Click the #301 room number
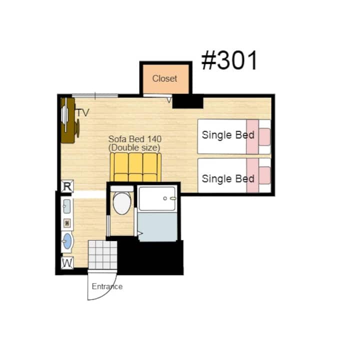(x=229, y=60)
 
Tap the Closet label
(x=164, y=78)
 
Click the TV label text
(x=82, y=112)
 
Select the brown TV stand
(x=68, y=120)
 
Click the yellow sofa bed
(x=135, y=167)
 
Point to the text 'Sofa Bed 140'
(x=135, y=139)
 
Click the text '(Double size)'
(x=134, y=147)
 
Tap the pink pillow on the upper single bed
(x=264, y=137)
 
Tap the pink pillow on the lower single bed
(x=264, y=175)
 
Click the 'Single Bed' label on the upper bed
(x=228, y=135)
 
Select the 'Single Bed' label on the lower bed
(x=228, y=178)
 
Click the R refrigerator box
(x=67, y=186)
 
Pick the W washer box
(x=67, y=262)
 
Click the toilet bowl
(x=122, y=203)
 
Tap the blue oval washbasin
(x=67, y=241)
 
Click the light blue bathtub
(x=157, y=227)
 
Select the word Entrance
(x=107, y=286)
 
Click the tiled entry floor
(x=102, y=254)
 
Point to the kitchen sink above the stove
(x=67, y=206)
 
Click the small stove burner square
(x=67, y=223)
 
